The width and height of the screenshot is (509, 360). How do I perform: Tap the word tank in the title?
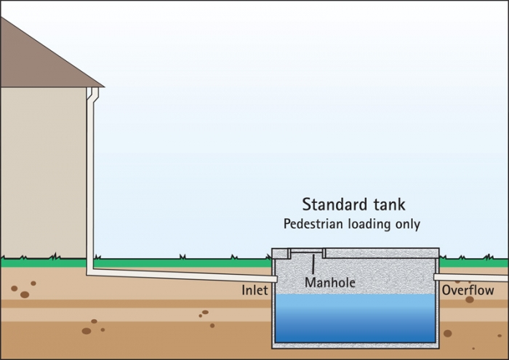(x=389, y=205)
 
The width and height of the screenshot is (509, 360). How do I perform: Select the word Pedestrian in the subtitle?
(x=313, y=224)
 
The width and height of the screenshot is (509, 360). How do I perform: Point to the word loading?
(x=369, y=224)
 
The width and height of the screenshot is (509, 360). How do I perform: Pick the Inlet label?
(x=254, y=290)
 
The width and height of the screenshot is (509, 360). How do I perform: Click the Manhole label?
(x=330, y=282)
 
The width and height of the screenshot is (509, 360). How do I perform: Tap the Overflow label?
(x=468, y=290)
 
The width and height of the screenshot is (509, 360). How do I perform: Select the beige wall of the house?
(x=43, y=172)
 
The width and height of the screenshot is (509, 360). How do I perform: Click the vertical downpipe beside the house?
(x=90, y=182)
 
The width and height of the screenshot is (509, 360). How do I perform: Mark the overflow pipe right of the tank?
(x=471, y=278)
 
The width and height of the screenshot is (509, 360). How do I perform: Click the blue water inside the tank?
(x=355, y=318)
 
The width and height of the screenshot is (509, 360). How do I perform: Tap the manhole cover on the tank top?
(x=307, y=250)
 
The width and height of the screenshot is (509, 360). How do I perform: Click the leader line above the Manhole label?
(x=313, y=264)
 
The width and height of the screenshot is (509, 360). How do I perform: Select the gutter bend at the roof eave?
(x=93, y=94)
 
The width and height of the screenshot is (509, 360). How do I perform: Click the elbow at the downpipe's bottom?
(x=90, y=272)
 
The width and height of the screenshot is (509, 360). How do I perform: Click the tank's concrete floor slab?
(x=355, y=345)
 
